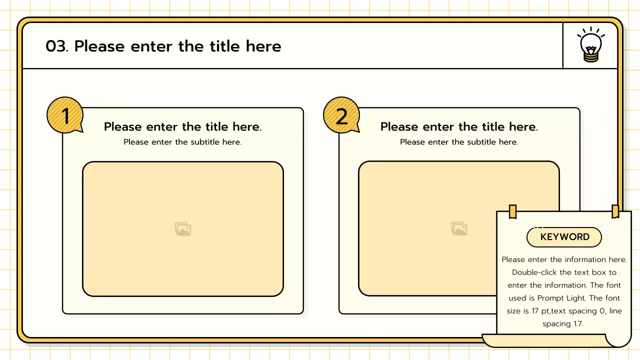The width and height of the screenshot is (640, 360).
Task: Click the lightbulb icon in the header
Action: [590, 45]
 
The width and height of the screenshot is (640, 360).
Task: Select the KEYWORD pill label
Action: [564, 237]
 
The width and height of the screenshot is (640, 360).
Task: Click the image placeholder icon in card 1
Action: [183, 229]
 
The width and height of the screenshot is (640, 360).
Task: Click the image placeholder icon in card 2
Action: [459, 229]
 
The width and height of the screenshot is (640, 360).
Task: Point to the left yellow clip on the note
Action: [512, 211]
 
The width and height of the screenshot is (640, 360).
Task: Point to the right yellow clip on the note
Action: [615, 211]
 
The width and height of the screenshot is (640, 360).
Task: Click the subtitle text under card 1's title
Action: [182, 142]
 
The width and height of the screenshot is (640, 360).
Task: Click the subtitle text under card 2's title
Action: [459, 142]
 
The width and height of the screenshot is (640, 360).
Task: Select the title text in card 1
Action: [182, 126]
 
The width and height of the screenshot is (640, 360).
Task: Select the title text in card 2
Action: [459, 126]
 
